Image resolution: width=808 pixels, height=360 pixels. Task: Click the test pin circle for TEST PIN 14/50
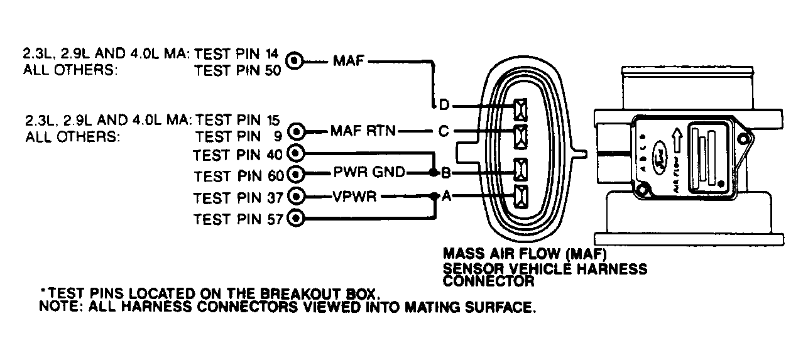(x=295, y=61)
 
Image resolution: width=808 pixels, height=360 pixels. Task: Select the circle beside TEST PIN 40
(x=296, y=152)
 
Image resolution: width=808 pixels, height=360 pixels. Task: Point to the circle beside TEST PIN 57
(x=296, y=218)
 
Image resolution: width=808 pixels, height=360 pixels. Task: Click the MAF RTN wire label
(x=363, y=132)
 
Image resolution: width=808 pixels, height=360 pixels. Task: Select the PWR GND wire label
(x=369, y=173)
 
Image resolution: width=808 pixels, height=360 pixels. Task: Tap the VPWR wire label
(x=355, y=197)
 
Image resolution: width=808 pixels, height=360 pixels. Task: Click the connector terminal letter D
(x=444, y=104)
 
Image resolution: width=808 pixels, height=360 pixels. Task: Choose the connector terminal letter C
(x=444, y=132)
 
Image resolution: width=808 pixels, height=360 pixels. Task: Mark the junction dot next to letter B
(x=434, y=173)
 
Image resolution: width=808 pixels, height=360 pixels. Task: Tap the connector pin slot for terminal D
(x=521, y=111)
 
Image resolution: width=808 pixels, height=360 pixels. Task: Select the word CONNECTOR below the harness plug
(x=489, y=281)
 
